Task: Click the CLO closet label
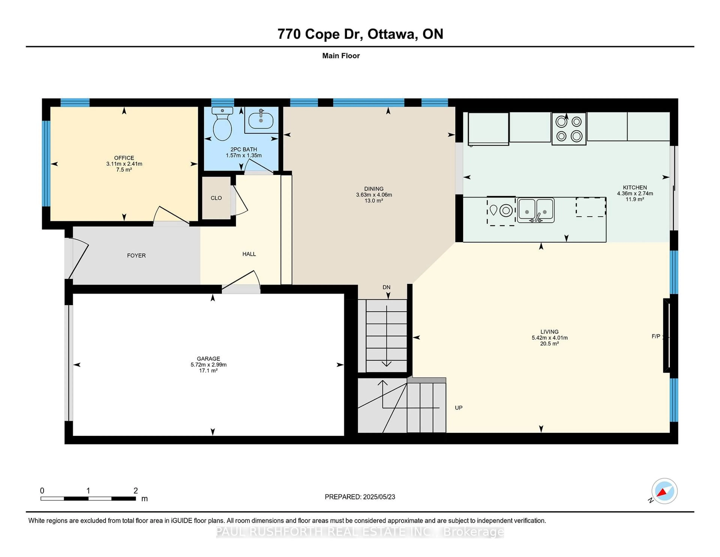click(x=216, y=198)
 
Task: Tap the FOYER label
click(x=136, y=255)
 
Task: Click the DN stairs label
click(x=386, y=287)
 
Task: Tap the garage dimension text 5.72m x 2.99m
click(x=208, y=365)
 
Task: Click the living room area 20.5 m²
click(x=549, y=343)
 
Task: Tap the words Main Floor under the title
click(x=341, y=56)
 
